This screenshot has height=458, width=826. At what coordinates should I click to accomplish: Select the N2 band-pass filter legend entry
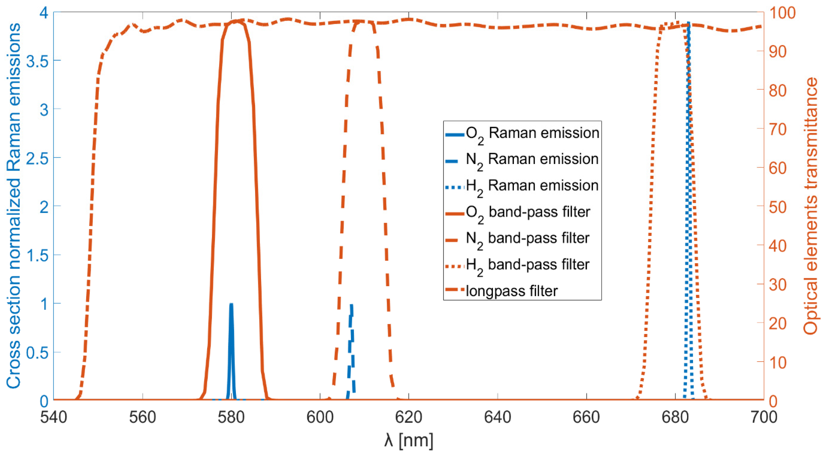click(x=528, y=238)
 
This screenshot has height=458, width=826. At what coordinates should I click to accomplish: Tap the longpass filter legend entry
click(x=512, y=291)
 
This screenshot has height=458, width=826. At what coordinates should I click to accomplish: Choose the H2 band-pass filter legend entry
click(x=528, y=265)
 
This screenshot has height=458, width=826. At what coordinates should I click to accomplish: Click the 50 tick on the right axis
click(x=778, y=207)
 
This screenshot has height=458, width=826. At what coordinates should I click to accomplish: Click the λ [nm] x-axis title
click(x=409, y=440)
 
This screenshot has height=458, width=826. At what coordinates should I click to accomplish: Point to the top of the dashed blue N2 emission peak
click(x=352, y=305)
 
